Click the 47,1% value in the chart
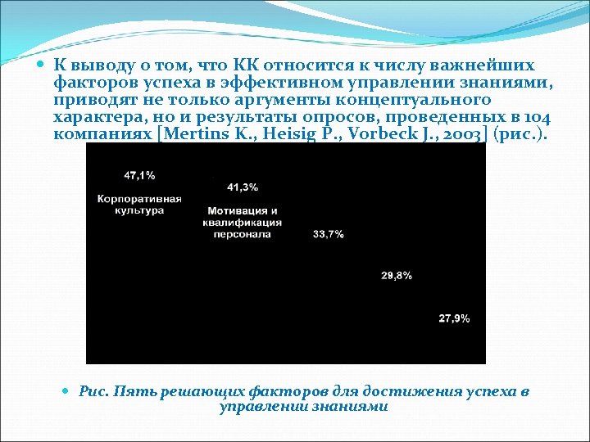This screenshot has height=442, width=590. click(x=139, y=175)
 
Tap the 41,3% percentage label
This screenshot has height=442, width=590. click(x=243, y=187)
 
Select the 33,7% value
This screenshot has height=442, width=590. click(x=329, y=234)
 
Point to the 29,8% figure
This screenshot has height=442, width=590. click(x=397, y=276)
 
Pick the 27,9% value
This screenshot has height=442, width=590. click(x=454, y=318)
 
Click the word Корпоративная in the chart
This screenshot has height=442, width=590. click(x=139, y=199)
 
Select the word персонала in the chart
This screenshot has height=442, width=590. click(x=243, y=233)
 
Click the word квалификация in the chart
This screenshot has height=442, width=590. click(x=243, y=223)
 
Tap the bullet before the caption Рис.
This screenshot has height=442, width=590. click(x=67, y=391)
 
